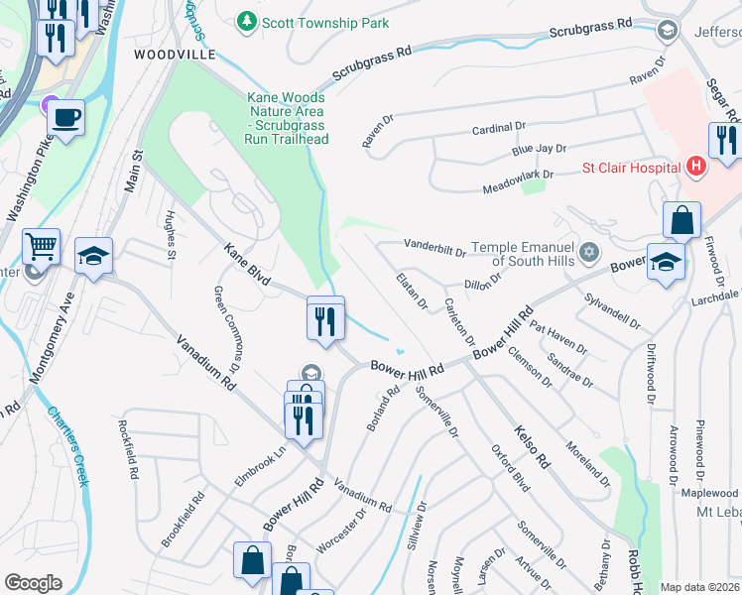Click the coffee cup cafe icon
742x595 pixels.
click(x=65, y=118)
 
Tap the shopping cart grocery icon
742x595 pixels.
click(x=42, y=246)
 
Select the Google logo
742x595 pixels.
click(x=33, y=583)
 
